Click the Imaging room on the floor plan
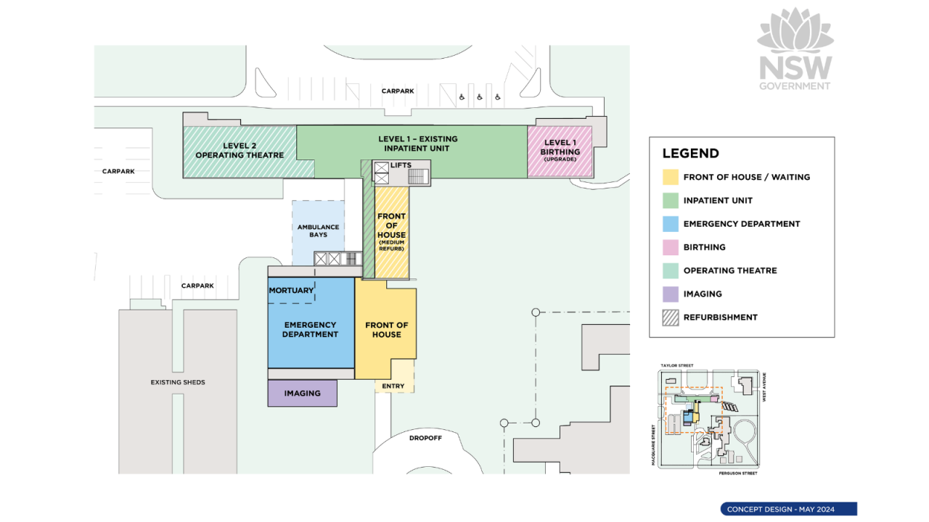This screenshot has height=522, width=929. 303,393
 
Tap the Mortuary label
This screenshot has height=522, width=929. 291,291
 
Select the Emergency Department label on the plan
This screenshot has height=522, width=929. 310,330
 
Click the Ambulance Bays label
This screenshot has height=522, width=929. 318,231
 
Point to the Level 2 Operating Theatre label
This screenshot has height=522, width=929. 240,150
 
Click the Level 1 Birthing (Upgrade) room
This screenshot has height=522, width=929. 560,151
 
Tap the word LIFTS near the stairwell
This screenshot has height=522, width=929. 401,165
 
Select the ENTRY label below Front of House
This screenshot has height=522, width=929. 393,386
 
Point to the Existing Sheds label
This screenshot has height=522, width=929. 178,382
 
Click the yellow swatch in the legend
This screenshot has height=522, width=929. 671,177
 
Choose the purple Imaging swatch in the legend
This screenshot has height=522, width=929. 671,294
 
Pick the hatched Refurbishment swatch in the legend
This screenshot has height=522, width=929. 671,317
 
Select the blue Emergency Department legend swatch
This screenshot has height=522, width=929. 671,224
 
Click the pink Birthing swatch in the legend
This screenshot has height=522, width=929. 671,247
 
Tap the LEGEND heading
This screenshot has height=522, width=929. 690,153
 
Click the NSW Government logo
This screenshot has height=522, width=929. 795,49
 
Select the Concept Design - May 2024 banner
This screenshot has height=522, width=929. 788,509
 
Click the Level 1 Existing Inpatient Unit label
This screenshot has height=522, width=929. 417,144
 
